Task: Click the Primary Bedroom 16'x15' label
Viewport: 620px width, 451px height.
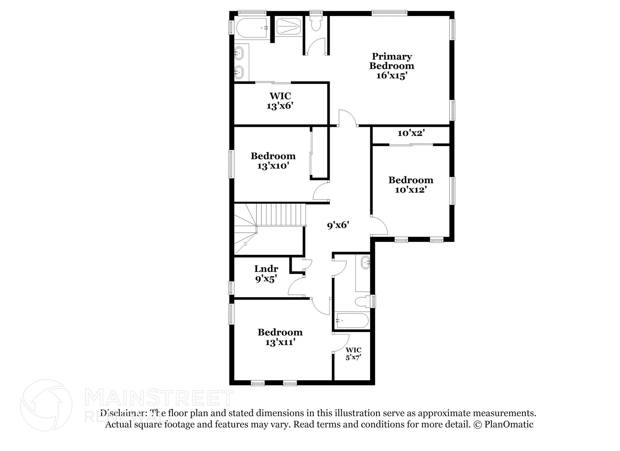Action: coord(391,66)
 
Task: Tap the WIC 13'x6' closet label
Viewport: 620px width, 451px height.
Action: coord(280,101)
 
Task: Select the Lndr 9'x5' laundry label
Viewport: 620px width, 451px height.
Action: coord(266,274)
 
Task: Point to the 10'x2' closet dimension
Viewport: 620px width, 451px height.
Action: coord(411,133)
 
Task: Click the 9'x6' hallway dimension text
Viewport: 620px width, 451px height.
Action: coord(338,225)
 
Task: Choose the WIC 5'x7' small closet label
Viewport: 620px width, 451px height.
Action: coord(353,353)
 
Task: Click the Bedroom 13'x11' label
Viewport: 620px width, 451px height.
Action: coord(280,337)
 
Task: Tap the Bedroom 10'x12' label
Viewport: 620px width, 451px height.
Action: coord(411,185)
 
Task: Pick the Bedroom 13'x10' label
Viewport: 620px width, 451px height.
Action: coord(273,161)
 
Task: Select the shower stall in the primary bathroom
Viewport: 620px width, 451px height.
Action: coord(289,27)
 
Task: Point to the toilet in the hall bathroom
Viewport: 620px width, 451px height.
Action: coord(362,302)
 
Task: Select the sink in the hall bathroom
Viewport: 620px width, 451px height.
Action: coord(366,262)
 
